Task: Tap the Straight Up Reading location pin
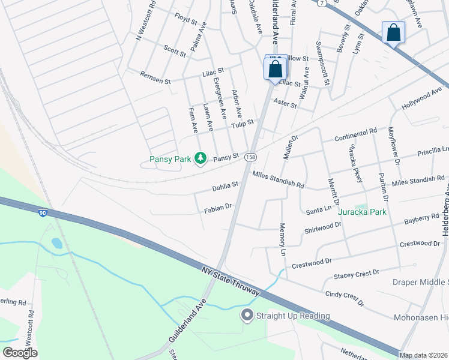[x=246, y=315]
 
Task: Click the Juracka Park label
[x=362, y=212]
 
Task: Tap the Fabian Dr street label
[x=217, y=207]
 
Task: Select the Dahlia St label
[x=226, y=187]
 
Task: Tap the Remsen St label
[x=155, y=77]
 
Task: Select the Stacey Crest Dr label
[x=357, y=275]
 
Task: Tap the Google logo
[x=20, y=352]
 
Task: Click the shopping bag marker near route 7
[x=393, y=34]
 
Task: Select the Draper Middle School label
[x=420, y=282]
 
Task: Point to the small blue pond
[x=56, y=244]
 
